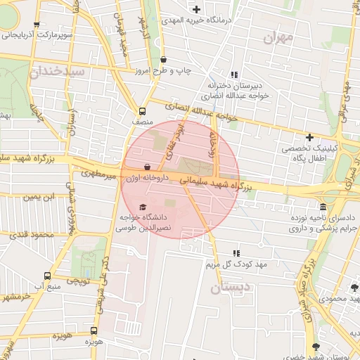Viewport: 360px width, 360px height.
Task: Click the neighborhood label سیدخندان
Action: (x=58, y=72)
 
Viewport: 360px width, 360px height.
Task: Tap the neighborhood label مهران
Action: (x=277, y=38)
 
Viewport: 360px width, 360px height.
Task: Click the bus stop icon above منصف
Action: (x=143, y=111)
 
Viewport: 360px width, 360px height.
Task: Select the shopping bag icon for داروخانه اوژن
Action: (x=146, y=167)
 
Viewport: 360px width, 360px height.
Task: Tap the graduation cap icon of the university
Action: (x=143, y=207)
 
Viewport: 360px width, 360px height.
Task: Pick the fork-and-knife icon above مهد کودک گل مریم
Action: (x=236, y=253)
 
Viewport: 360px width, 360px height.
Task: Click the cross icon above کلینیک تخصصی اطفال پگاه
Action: (x=309, y=136)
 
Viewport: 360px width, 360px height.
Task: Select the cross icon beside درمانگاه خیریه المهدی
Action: (x=195, y=9)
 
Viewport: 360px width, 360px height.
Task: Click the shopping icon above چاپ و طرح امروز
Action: (x=164, y=60)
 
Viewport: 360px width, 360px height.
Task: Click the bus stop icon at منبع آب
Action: (x=47, y=276)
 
